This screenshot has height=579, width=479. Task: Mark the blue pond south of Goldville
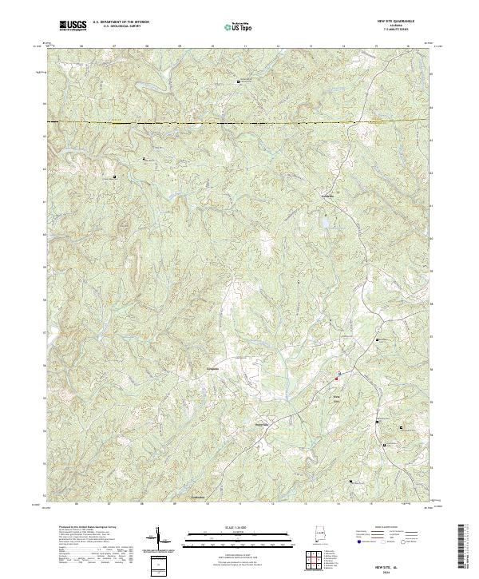tap(324, 221)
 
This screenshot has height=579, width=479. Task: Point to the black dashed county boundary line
tap(239, 123)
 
